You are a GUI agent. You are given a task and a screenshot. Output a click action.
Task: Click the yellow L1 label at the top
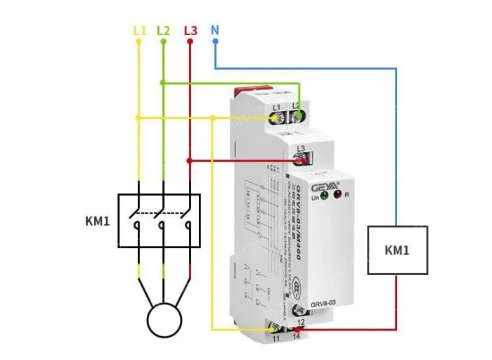tap(139, 31)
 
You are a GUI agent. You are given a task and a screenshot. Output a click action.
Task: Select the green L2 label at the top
tap(163, 31)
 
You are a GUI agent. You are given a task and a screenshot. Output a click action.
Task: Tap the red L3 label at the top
tap(190, 31)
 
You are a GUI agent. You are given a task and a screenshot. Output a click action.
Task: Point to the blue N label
tap(215, 31)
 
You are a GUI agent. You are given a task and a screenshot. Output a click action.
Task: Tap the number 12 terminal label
tap(301, 322)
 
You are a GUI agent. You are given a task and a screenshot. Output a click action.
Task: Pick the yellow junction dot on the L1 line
tap(138, 117)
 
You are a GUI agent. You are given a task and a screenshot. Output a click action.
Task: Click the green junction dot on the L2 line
tap(163, 83)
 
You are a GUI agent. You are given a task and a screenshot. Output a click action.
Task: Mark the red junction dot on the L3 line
tap(188, 160)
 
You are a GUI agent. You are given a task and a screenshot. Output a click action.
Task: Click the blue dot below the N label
tap(215, 41)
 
